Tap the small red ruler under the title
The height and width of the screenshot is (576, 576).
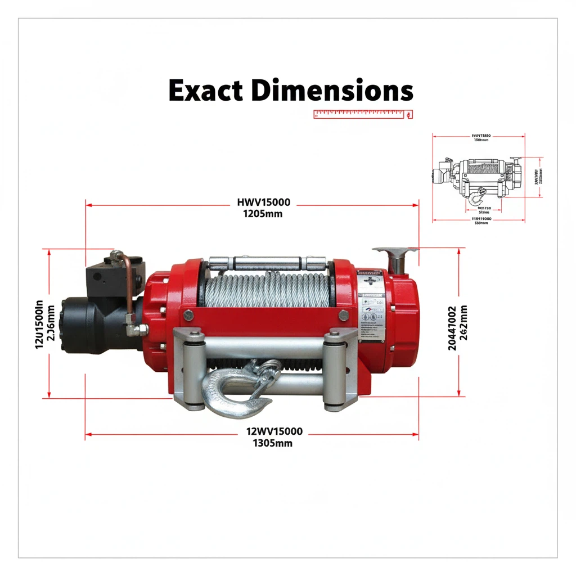point(363,114)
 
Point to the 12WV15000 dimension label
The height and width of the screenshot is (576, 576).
point(274,431)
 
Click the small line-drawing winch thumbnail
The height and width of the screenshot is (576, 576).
point(478,177)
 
